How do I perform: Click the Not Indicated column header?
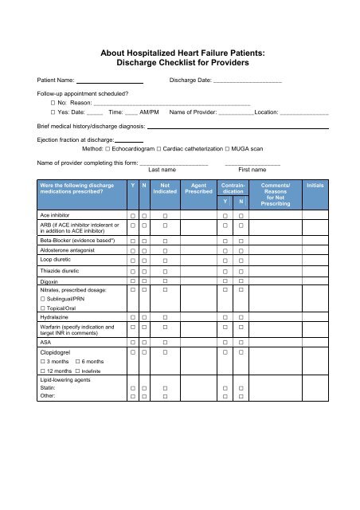[166, 188]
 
